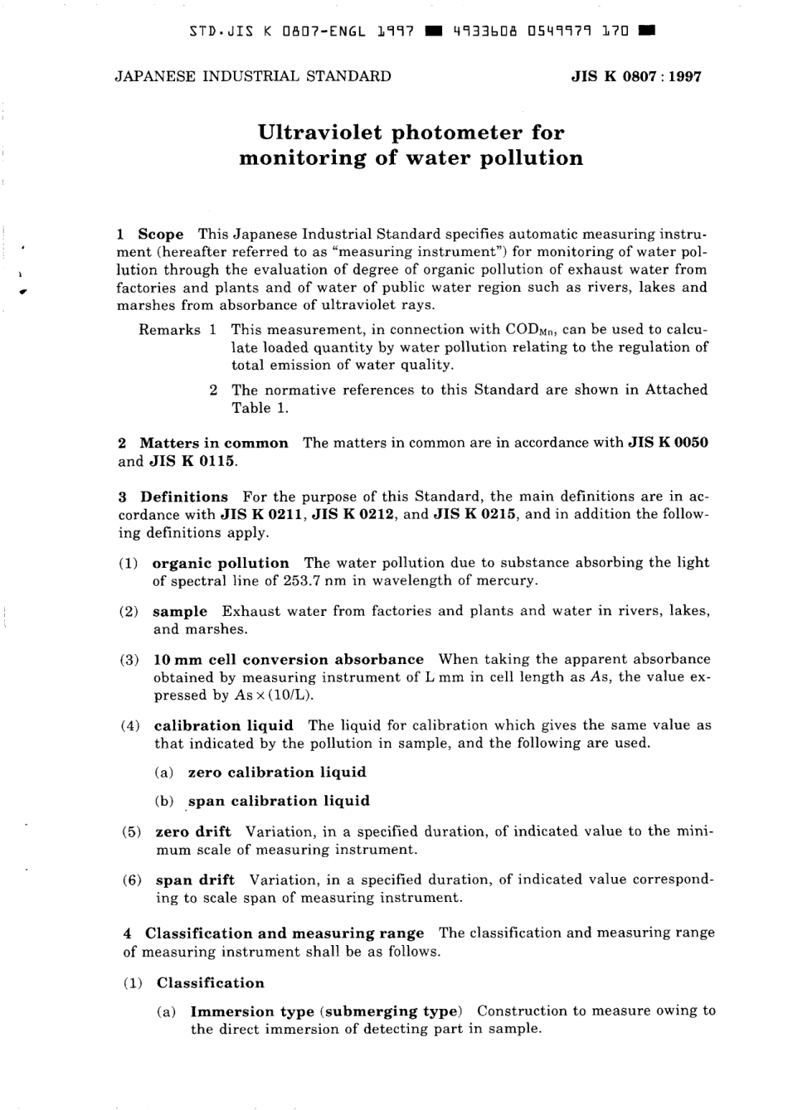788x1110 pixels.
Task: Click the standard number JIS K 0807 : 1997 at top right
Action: [636, 77]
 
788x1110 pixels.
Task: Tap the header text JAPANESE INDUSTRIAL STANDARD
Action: [252, 76]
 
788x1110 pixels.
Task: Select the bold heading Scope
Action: [161, 235]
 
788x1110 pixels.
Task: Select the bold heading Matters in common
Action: [214, 443]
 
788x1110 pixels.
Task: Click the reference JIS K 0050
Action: [669, 443]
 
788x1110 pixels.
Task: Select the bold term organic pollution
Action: [221, 563]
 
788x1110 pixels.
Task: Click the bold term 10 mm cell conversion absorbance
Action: [289, 660]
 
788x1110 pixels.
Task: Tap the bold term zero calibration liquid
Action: [277, 773]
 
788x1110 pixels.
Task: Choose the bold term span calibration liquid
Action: [279, 802]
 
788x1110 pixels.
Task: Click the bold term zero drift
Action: [193, 831]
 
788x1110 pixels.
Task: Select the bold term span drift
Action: [195, 880]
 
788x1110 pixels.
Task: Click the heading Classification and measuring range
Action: [284, 933]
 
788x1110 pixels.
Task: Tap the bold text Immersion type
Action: [252, 1011]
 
